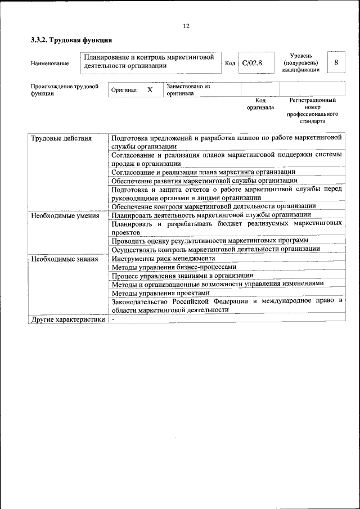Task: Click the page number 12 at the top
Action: [186, 26]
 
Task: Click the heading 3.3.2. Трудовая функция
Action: [71, 40]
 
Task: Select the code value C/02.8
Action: [252, 63]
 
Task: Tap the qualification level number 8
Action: [336, 62]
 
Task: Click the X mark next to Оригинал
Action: [150, 90]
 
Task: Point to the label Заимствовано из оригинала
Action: [188, 90]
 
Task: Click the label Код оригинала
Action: [260, 103]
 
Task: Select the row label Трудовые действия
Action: [62, 138]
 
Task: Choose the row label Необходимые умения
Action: [65, 215]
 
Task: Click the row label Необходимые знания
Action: [65, 259]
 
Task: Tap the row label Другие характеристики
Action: [68, 319]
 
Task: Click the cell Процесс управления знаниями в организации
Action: [182, 276]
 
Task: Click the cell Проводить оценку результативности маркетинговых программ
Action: [210, 241]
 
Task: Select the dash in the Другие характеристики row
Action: [113, 319]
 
